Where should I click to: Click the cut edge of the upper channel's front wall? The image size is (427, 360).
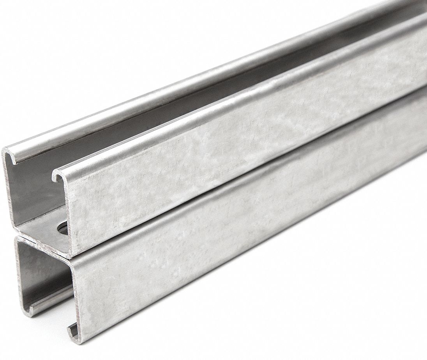(66, 218)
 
